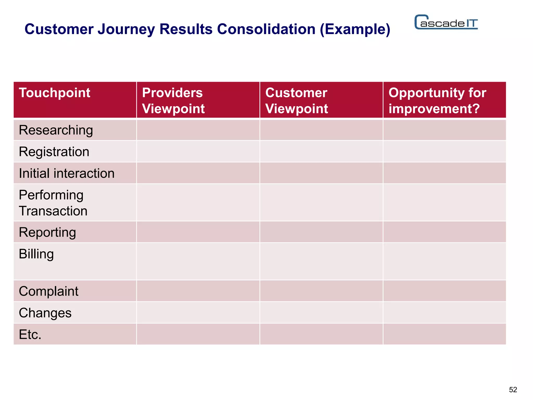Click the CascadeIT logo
point(446,22)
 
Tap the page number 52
point(513,390)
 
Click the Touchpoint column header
point(54,93)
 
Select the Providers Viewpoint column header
point(173,101)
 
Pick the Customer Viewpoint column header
point(296,101)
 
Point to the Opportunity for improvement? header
point(437,101)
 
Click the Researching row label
point(56,130)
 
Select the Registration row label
point(54,152)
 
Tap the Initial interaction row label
point(67,173)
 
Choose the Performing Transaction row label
point(53,203)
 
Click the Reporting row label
point(47,233)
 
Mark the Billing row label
point(36,254)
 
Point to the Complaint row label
point(48,291)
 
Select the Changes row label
point(45,313)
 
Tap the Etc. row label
point(30,335)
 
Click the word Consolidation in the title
point(266,29)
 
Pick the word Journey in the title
point(126,29)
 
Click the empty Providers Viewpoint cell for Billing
point(198,261)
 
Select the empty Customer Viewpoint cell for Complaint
point(321,291)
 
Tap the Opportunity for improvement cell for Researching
point(445,130)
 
